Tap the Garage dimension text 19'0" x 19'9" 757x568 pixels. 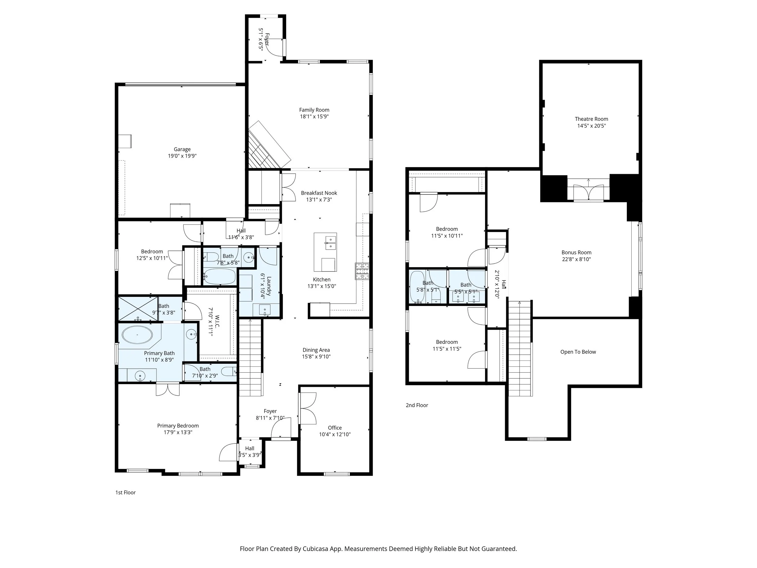[182, 156]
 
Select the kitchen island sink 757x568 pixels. [330, 242]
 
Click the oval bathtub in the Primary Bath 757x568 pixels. [137, 335]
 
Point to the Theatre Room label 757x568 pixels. [591, 119]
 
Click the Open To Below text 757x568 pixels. [578, 352]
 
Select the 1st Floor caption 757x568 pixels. [125, 493]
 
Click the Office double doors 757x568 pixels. [307, 408]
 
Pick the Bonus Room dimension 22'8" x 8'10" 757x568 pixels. [576, 259]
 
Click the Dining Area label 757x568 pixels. [316, 350]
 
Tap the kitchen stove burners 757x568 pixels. [362, 271]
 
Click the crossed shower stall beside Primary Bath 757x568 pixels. [138, 308]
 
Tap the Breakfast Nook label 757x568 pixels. [319, 193]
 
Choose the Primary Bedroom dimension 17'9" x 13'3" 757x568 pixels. [178, 432]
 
